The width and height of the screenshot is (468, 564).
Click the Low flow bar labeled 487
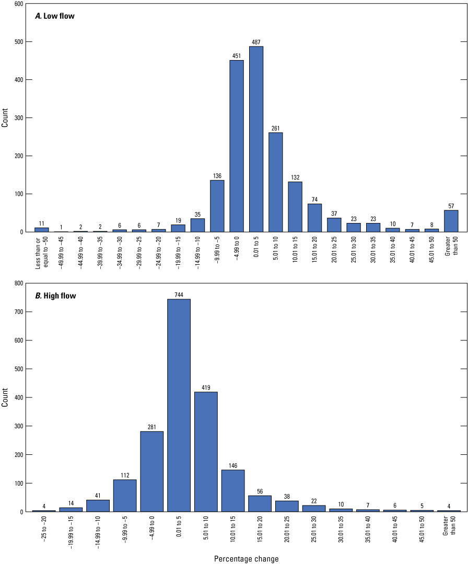[256, 139]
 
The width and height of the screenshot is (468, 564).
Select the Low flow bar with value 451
[237, 146]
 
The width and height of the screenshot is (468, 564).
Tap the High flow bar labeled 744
[179, 405]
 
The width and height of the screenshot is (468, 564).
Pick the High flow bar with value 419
[206, 452]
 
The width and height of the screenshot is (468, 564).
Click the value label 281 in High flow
[151, 427]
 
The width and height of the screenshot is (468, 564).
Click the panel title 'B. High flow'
[55, 296]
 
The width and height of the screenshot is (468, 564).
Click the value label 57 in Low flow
[451, 205]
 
